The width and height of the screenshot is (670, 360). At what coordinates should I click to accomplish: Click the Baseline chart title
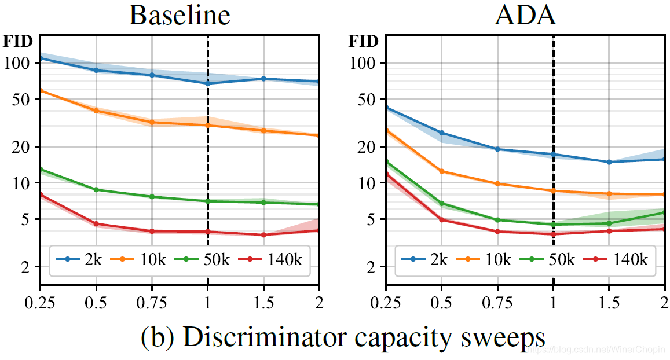(180, 16)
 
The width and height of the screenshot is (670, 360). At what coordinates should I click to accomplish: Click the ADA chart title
(525, 16)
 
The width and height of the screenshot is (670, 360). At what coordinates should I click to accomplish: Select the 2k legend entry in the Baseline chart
(82, 259)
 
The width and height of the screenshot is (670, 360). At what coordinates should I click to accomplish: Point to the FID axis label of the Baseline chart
(19, 42)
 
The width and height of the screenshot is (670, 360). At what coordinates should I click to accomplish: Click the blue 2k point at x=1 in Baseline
(207, 83)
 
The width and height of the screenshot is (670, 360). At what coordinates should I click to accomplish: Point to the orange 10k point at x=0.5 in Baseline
(96, 111)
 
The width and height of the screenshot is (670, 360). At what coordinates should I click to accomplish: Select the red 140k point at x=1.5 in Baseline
(263, 235)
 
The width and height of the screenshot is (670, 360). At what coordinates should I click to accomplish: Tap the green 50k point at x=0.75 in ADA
(497, 220)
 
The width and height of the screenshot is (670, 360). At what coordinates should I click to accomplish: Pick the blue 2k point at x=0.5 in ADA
(442, 133)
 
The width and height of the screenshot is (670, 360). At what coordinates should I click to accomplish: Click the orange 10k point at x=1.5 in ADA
(609, 194)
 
